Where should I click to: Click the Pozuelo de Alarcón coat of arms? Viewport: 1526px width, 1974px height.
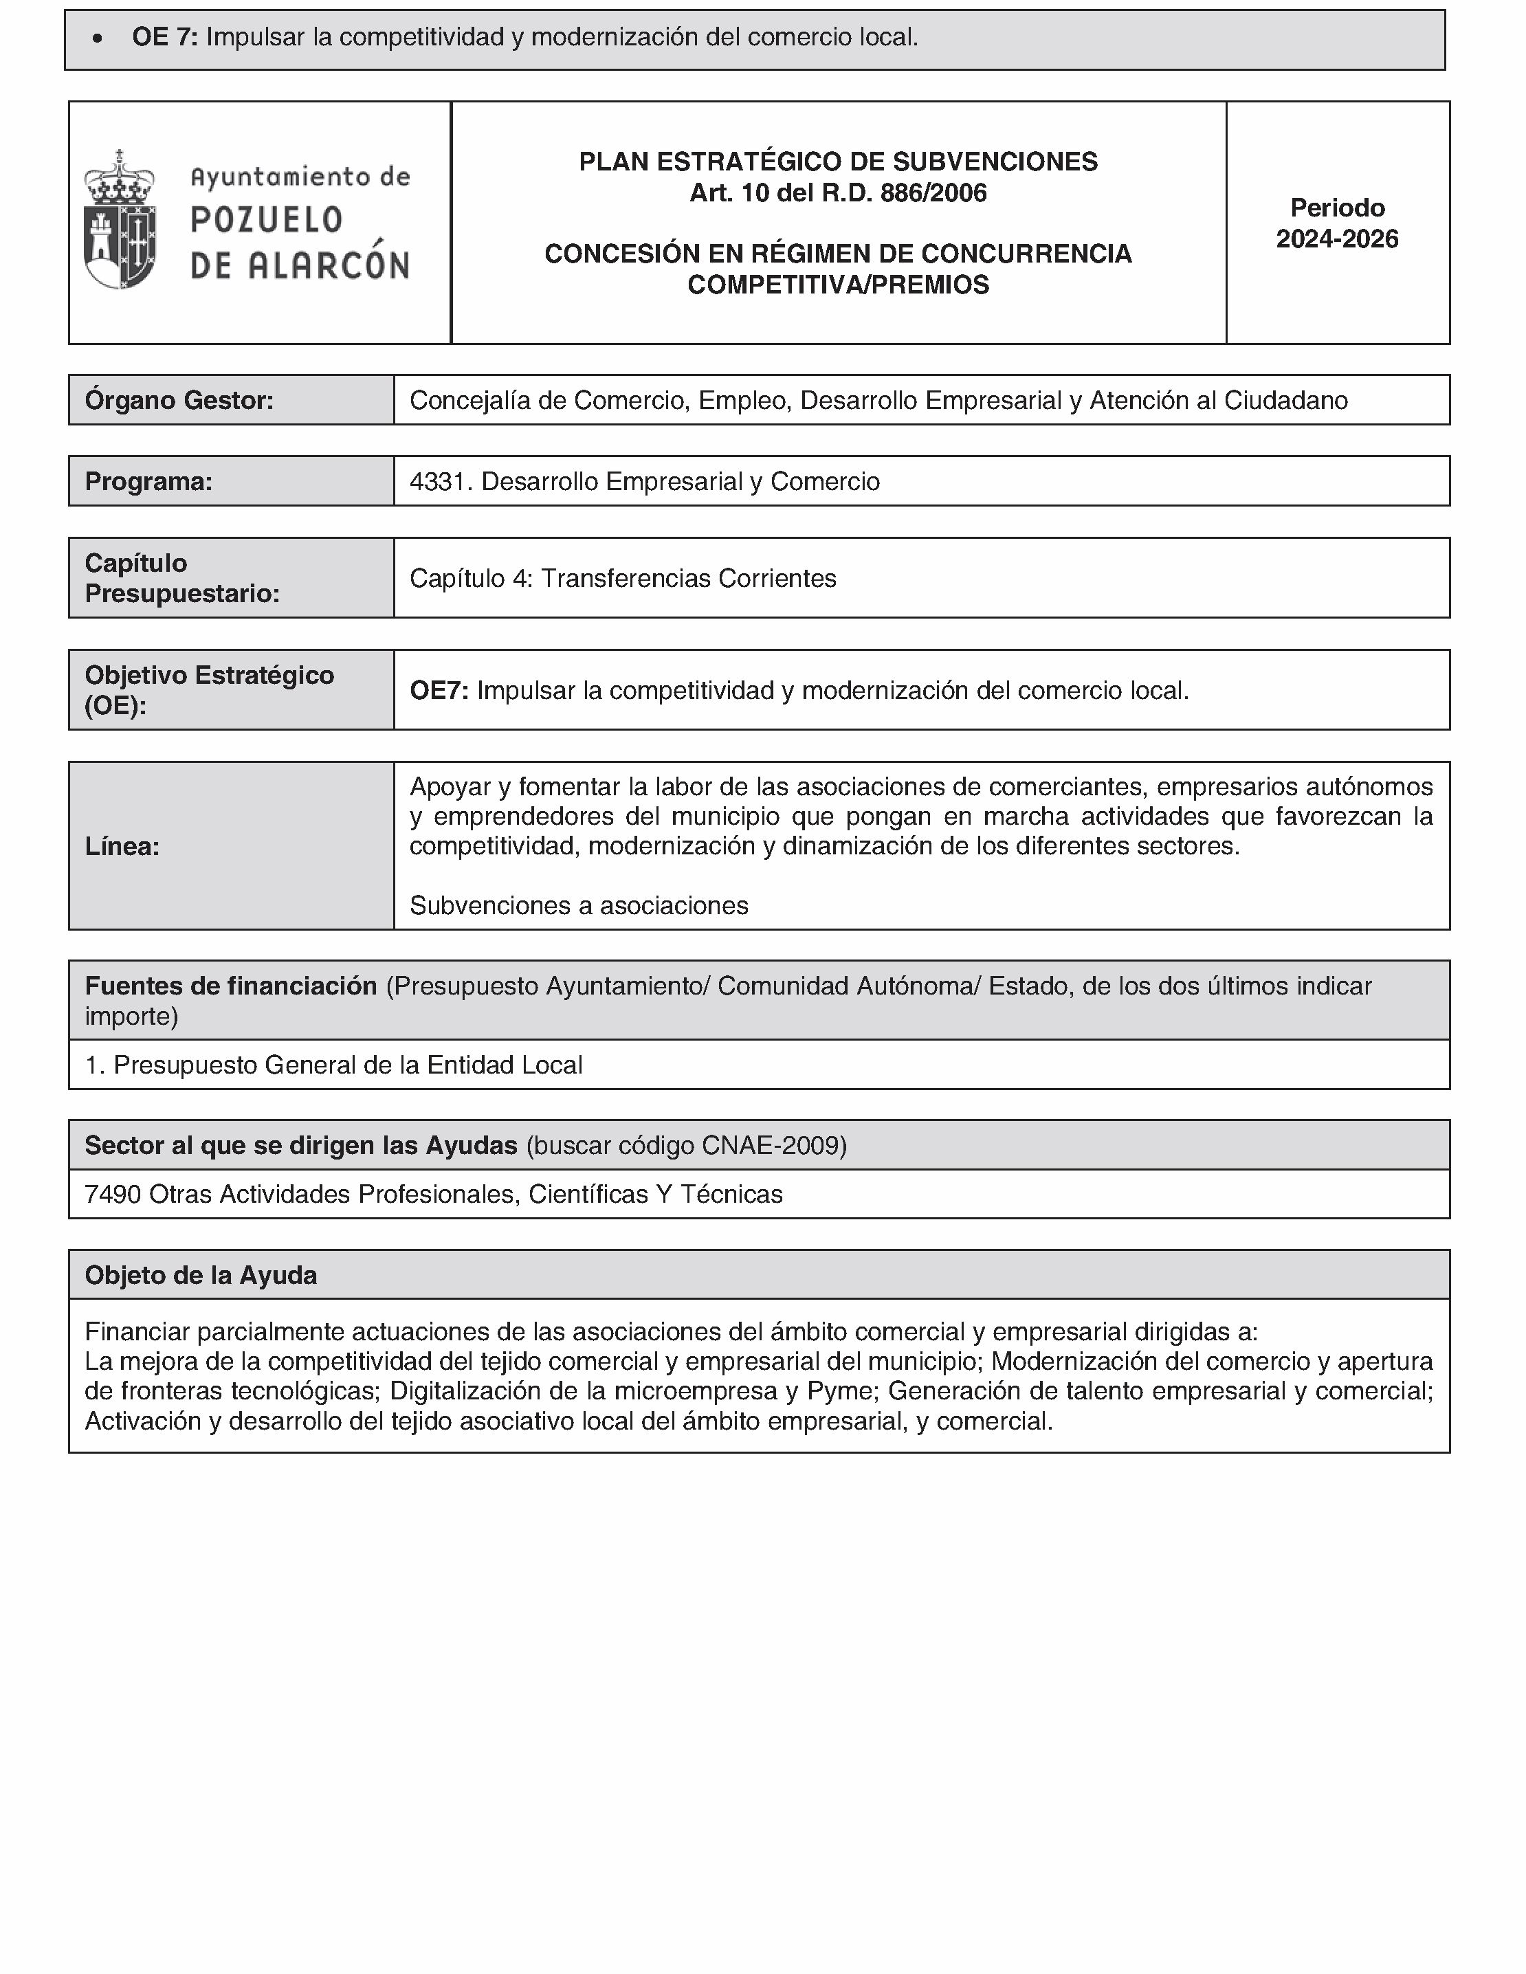tap(120, 221)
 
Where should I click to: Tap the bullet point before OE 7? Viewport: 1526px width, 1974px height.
tap(98, 38)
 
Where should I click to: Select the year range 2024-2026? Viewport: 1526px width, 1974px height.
tap(1336, 239)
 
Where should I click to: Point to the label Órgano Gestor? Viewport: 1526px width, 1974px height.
tap(179, 401)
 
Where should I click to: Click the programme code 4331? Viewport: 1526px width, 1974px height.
tap(438, 482)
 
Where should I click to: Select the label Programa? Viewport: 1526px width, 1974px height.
tap(148, 482)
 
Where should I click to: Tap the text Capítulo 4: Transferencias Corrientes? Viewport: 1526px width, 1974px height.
tap(623, 579)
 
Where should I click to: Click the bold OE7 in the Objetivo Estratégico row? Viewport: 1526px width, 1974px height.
tap(439, 691)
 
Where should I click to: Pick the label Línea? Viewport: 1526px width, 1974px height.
tap(122, 846)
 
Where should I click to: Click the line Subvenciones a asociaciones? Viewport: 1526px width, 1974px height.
tap(579, 906)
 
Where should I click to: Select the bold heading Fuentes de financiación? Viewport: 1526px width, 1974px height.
tap(230, 986)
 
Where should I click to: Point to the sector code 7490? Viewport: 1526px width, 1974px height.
tap(112, 1195)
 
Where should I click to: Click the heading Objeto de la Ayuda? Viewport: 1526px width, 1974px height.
tap(201, 1275)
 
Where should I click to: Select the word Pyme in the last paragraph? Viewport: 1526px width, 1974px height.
tap(838, 1391)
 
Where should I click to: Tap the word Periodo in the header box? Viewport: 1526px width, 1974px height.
tap(1336, 208)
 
